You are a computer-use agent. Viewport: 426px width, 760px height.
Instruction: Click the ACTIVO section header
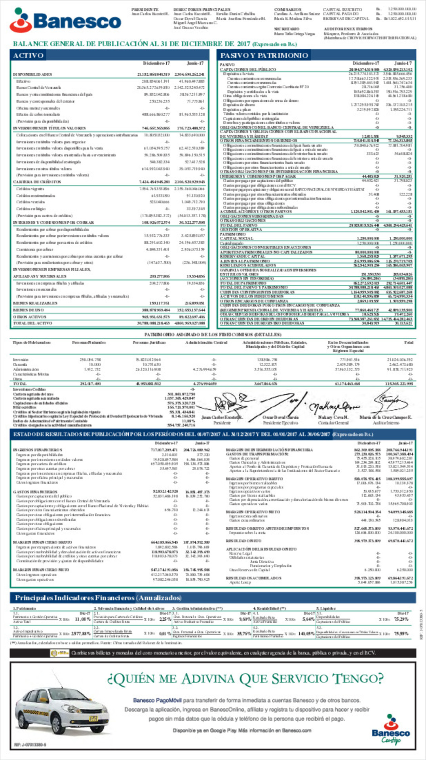tap(28, 55)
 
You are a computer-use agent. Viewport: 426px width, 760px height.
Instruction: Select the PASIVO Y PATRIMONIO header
tap(264, 55)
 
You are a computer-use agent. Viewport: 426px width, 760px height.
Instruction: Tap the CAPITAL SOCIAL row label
tap(234, 238)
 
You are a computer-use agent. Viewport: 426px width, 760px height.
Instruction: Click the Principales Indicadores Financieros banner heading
tap(98, 598)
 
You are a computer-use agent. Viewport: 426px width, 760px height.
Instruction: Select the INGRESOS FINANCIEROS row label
tap(38, 450)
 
